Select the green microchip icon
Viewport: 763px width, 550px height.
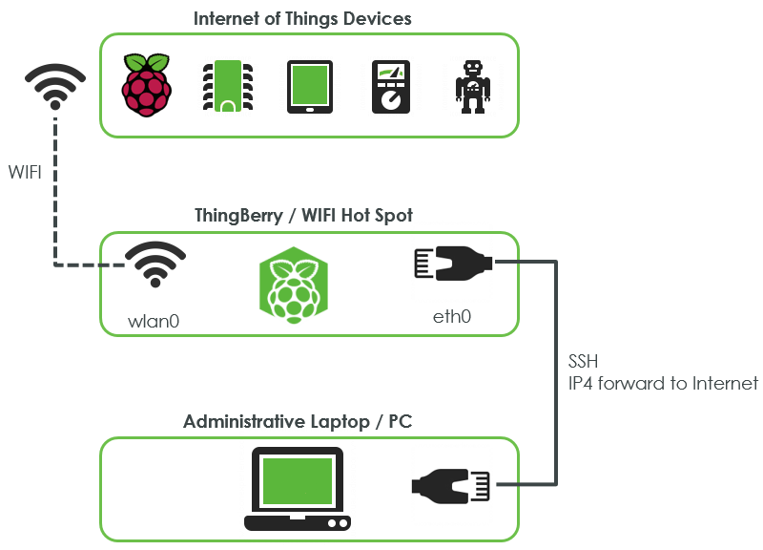[225, 87]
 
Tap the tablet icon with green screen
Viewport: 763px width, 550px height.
[310, 87]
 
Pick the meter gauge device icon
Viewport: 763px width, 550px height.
[390, 87]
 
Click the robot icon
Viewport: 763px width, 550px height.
[472, 87]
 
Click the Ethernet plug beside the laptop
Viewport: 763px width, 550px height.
[451, 484]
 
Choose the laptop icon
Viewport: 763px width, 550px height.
[298, 488]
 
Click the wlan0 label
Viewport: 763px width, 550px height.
[154, 321]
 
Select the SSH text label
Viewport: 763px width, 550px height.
[584, 363]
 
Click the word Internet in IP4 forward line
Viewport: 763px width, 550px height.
[724, 384]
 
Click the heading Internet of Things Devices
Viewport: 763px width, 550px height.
[302, 18]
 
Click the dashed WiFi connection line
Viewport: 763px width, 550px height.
[54, 191]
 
